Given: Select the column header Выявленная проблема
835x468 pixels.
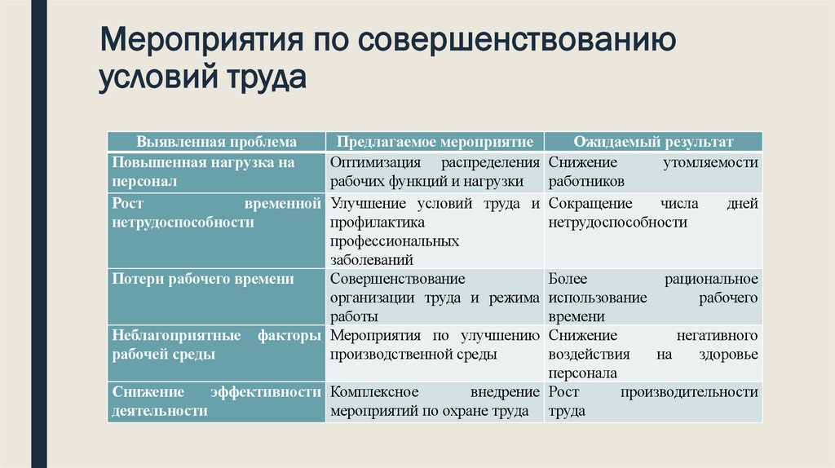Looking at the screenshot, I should tap(216, 141).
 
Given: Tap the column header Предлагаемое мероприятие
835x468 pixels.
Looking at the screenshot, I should tap(435, 141).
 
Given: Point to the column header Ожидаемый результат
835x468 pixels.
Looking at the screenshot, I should tap(653, 141).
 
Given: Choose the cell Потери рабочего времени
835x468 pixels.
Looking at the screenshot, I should tap(202, 279).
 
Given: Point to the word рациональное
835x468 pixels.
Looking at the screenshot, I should tap(712, 279).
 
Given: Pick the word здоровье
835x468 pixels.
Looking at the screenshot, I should tap(728, 355).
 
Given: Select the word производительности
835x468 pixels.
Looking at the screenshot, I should tap(689, 392).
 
